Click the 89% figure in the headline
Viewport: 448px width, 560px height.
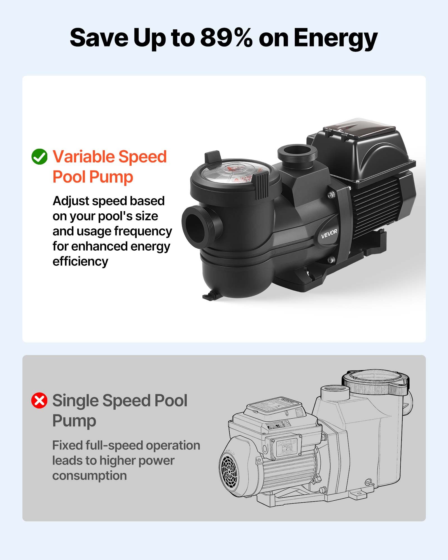coord(226,38)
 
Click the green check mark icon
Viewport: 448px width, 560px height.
coord(39,157)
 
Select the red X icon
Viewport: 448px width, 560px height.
coord(39,400)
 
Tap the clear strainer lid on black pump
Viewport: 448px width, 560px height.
coord(235,171)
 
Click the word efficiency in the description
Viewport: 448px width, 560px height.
coord(80,262)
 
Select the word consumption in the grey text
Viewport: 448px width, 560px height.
coord(90,476)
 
